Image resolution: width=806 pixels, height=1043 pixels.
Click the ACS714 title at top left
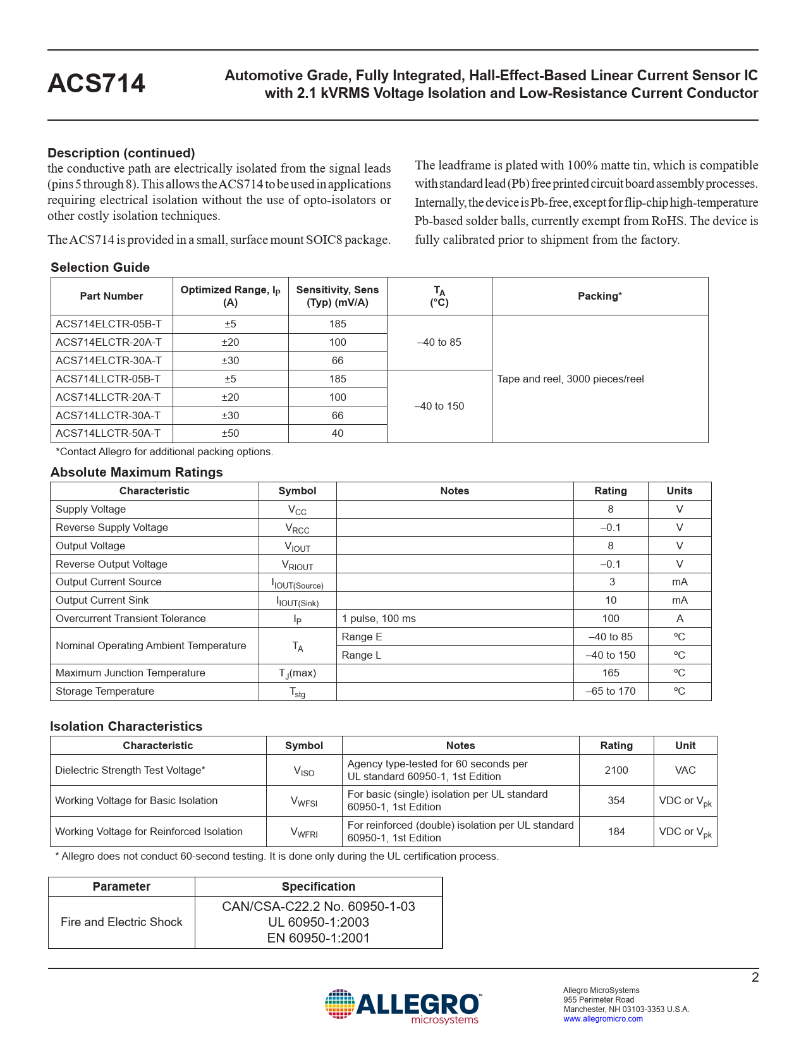pyautogui.click(x=96, y=83)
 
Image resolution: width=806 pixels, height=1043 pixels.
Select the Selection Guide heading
pyautogui.click(x=100, y=267)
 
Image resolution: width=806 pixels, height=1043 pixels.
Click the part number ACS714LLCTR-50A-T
pyautogui.click(x=108, y=434)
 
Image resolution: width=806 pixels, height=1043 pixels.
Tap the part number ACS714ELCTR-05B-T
pyautogui.click(x=109, y=324)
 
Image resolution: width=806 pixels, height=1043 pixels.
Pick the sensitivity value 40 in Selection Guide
pyautogui.click(x=338, y=434)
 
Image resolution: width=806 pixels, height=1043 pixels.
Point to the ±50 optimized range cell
pyautogui.click(x=230, y=434)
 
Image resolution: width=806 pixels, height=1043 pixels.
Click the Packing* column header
pyautogui.click(x=599, y=296)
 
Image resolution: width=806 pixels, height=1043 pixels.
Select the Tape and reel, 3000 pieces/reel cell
pyautogui.click(x=570, y=379)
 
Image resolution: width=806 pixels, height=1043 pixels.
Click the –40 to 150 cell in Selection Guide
pyautogui.click(x=439, y=406)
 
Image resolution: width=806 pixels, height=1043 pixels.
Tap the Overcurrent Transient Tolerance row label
pyautogui.click(x=131, y=619)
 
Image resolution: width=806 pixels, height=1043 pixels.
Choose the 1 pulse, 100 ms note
pyautogui.click(x=379, y=619)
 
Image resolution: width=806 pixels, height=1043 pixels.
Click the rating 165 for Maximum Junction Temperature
pyautogui.click(x=611, y=673)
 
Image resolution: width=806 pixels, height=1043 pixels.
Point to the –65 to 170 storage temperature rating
pyautogui.click(x=611, y=692)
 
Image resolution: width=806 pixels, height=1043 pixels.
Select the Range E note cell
pyautogui.click(x=362, y=637)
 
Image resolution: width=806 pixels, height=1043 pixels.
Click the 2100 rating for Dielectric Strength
pyautogui.click(x=616, y=771)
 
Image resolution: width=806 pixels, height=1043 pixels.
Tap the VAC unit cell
pyautogui.click(x=685, y=771)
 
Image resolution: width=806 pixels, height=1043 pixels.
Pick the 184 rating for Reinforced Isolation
pyautogui.click(x=616, y=832)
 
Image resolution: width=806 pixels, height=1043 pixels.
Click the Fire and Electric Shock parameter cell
pyautogui.click(x=121, y=922)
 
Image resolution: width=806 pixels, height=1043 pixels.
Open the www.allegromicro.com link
pyautogui.click(x=603, y=1019)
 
